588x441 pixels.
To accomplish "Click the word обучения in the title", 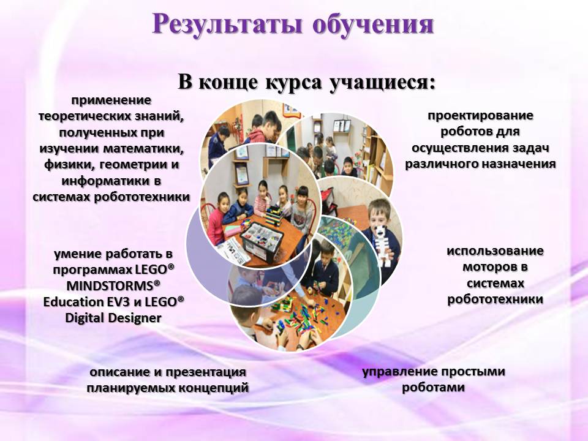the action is click(374, 24).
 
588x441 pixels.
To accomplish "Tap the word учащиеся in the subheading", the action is click(382, 82).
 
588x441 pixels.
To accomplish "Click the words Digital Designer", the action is click(113, 318).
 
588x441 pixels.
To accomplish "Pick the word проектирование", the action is click(480, 116).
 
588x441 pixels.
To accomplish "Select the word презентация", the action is click(206, 372).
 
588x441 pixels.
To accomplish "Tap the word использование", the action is click(495, 251).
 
